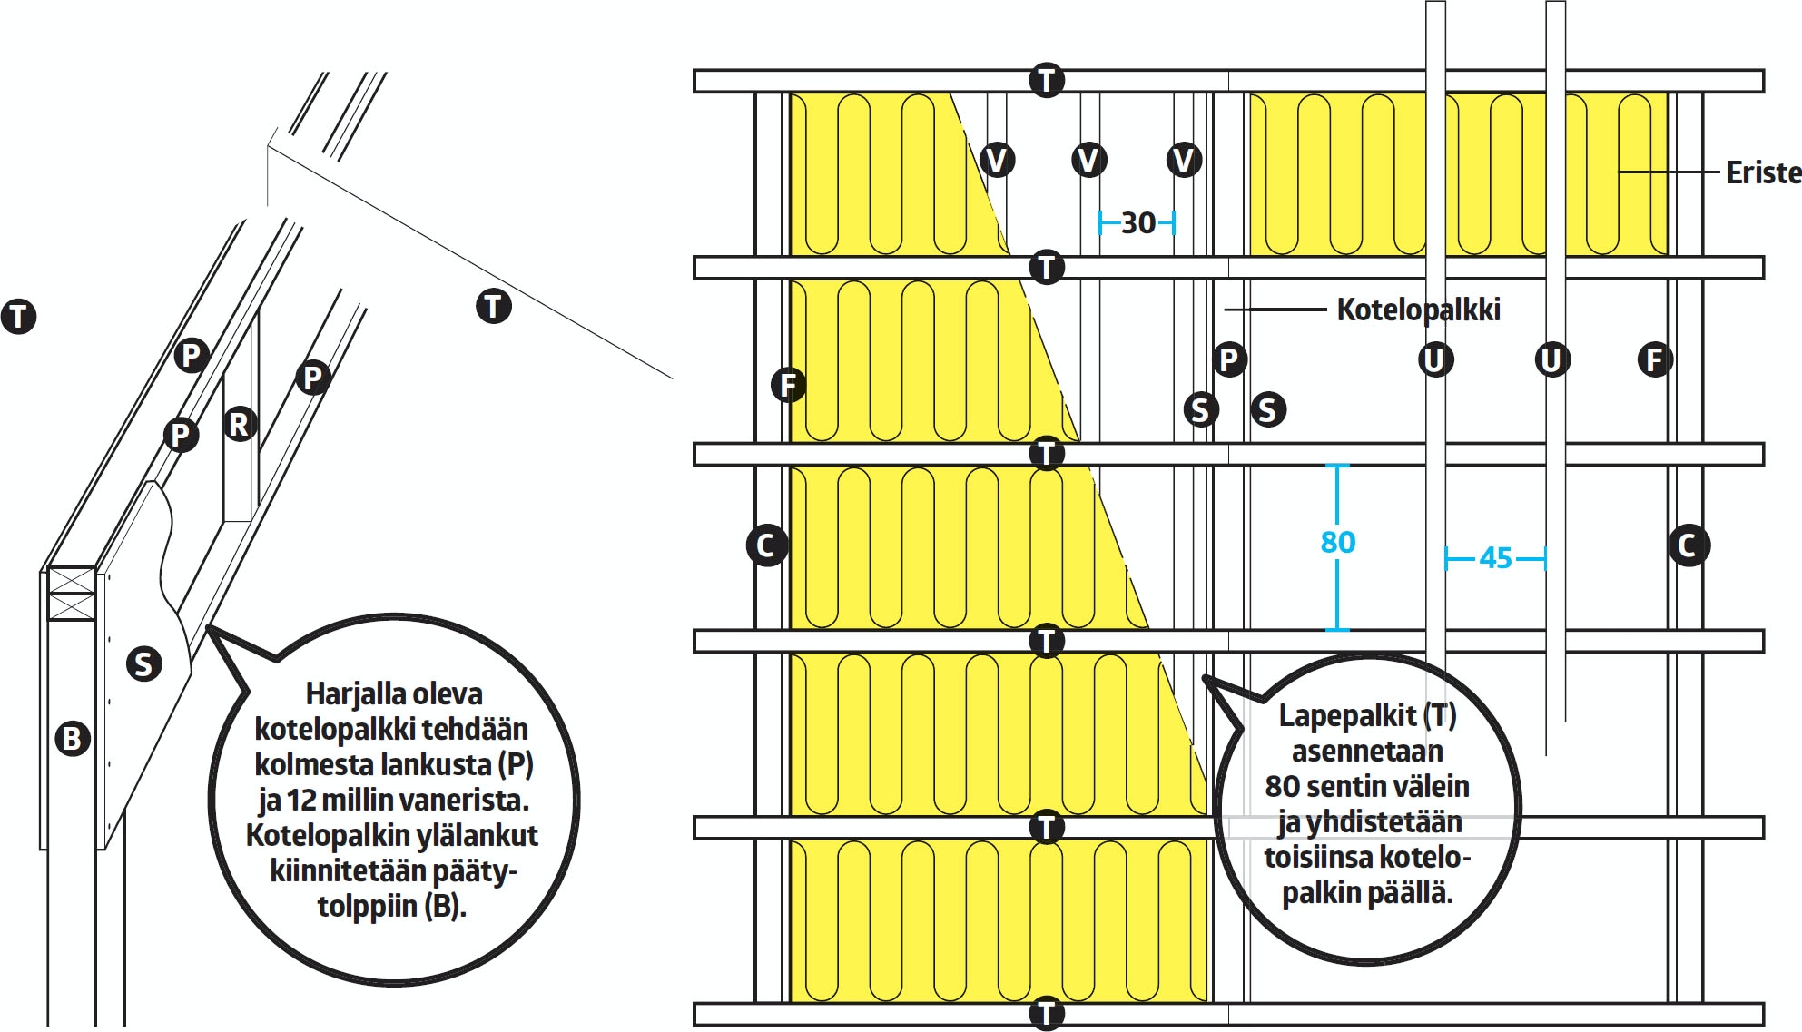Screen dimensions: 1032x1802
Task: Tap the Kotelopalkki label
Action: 1418,310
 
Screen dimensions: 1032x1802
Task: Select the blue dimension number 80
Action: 1337,543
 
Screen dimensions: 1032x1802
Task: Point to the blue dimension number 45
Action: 1495,558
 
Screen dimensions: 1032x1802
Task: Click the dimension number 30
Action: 1137,223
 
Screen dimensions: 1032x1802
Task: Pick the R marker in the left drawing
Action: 240,424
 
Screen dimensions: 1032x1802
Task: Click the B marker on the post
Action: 73,738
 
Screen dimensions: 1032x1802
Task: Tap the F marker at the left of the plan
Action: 788,385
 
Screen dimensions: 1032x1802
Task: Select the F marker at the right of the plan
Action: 1654,360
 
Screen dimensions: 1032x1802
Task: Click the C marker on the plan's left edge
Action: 766,545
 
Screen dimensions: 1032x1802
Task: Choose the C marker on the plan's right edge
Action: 1688,545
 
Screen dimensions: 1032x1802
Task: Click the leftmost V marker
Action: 997,161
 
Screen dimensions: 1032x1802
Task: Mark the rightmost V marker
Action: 1184,161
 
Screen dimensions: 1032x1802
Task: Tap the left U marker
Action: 1435,360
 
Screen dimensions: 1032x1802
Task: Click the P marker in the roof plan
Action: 1228,360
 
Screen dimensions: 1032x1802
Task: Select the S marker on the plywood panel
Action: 143,663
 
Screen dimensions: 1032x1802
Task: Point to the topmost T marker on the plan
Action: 1046,80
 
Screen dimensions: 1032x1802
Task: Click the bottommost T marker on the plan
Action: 1046,1014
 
